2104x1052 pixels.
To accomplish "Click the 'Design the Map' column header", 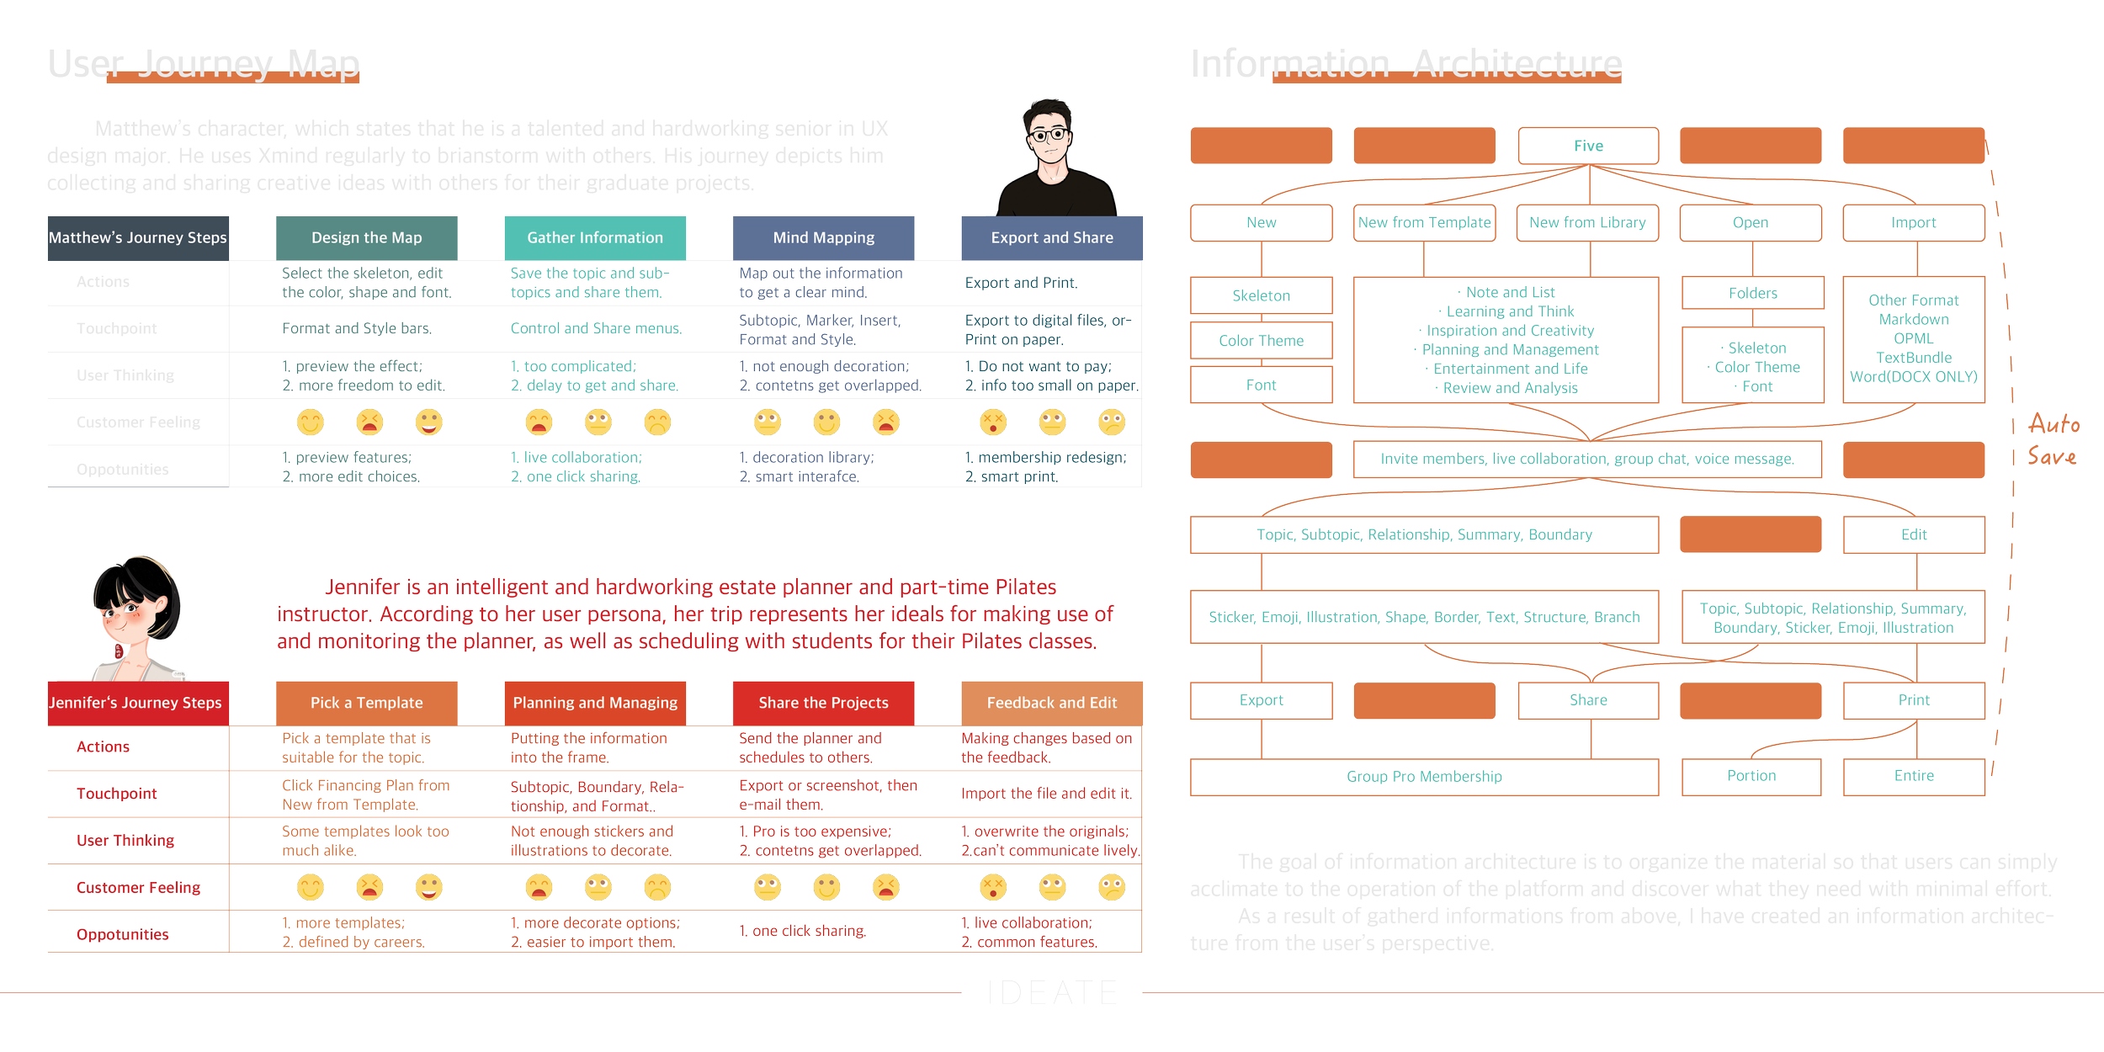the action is (x=367, y=238).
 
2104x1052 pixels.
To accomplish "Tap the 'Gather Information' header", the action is (x=595, y=238).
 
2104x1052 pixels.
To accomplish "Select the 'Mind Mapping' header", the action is (x=823, y=238).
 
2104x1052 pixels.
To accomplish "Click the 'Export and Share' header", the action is (x=1052, y=238).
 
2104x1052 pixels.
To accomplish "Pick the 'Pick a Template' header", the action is (x=367, y=703).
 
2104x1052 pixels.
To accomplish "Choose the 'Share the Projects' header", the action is (x=823, y=703).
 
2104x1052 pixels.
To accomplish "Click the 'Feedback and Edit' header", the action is (x=1052, y=703).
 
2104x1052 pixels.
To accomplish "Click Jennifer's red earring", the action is (x=119, y=651).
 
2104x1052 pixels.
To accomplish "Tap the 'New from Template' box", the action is (x=1424, y=223).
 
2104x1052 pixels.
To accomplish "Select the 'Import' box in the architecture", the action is (x=1914, y=223).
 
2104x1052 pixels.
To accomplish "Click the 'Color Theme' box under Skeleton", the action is (x=1261, y=341).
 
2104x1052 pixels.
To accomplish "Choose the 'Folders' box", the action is (x=1753, y=294).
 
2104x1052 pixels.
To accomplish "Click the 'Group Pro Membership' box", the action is (x=1424, y=777).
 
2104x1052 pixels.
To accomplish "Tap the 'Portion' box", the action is (x=1751, y=776).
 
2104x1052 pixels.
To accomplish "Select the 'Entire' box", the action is (x=1914, y=776).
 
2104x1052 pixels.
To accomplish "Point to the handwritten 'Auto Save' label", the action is (x=2054, y=440).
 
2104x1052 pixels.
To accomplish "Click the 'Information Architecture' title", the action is (x=1405, y=65).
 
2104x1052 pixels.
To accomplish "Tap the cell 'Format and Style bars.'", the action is (x=357, y=328).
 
